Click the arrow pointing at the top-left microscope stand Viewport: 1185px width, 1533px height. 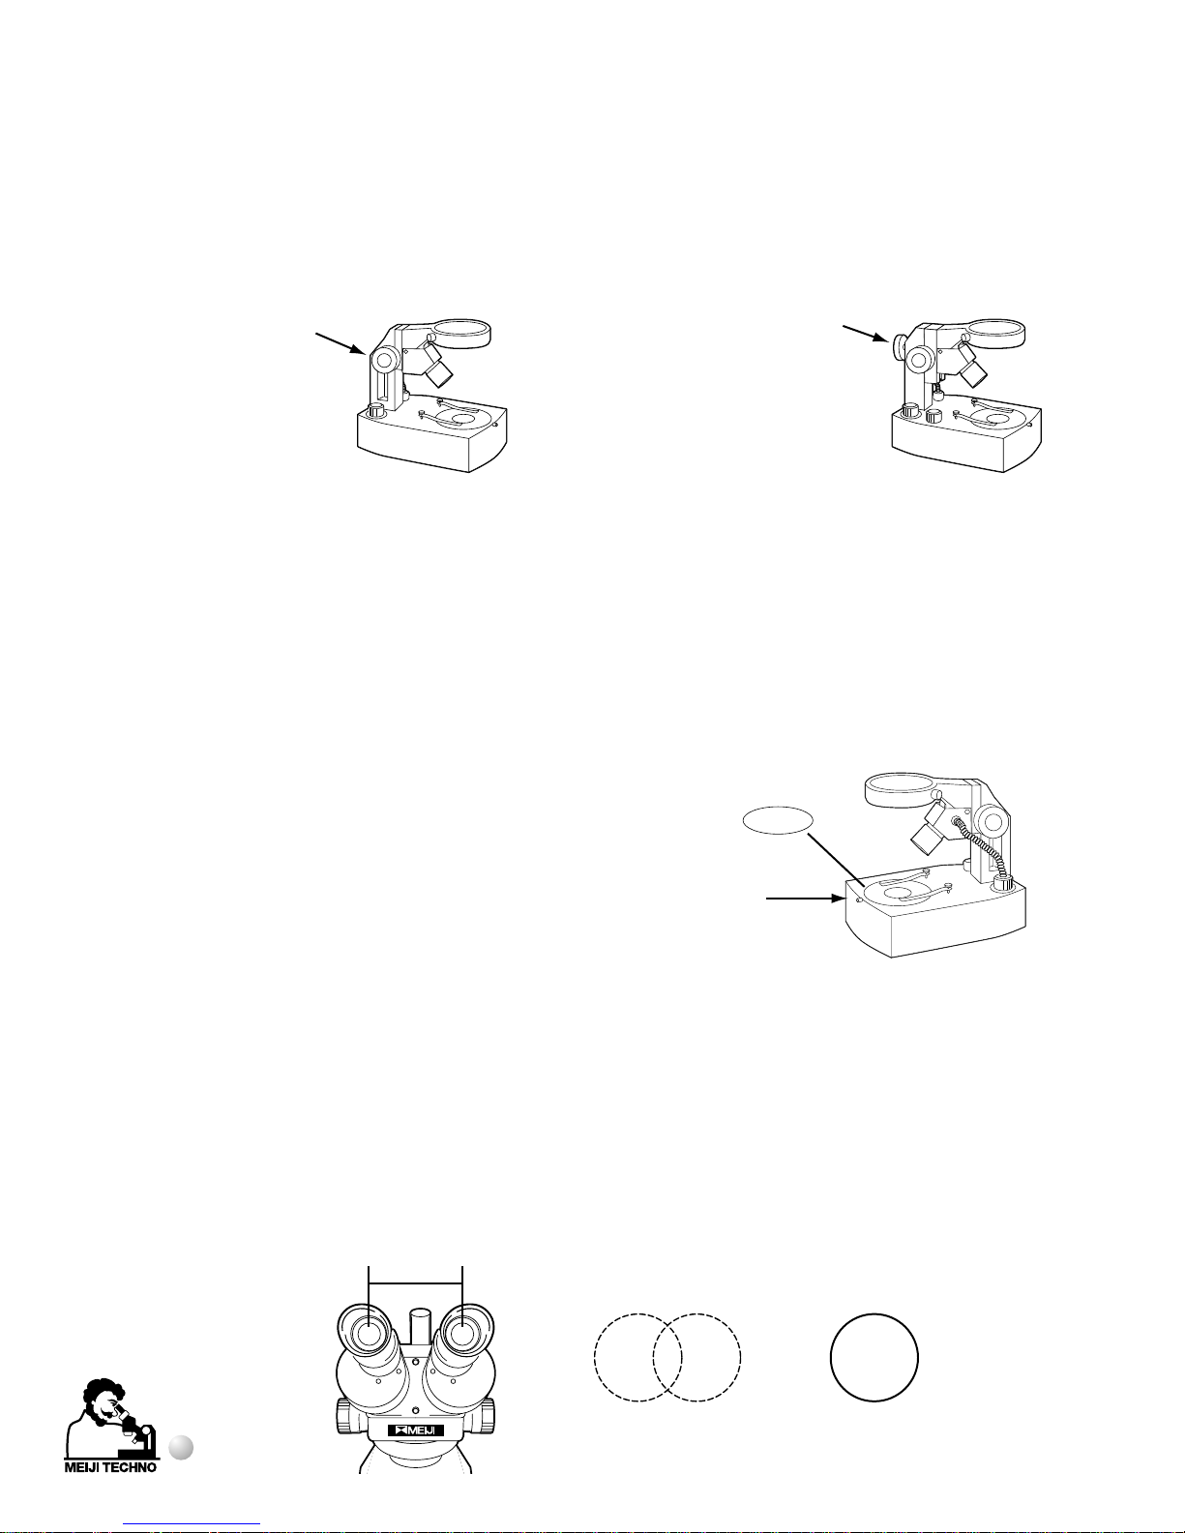coord(340,342)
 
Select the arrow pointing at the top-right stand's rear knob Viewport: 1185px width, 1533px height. coord(866,333)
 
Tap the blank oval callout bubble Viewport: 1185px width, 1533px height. coord(778,820)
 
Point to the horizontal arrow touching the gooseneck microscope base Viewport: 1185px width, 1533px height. coord(806,899)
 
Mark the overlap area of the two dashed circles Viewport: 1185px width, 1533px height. coord(667,1357)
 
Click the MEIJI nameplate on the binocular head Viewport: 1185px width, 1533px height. coord(415,1430)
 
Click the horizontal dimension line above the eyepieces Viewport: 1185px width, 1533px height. coord(415,1282)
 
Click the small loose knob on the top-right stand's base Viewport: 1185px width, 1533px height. coord(933,415)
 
